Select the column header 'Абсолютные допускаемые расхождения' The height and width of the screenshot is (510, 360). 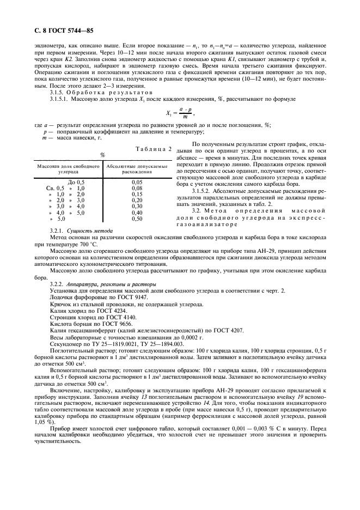click(129, 167)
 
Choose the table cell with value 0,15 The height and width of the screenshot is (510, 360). click(137, 193)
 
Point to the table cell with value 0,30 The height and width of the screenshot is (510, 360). click(137, 206)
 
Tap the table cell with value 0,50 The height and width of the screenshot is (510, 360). click(137, 218)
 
